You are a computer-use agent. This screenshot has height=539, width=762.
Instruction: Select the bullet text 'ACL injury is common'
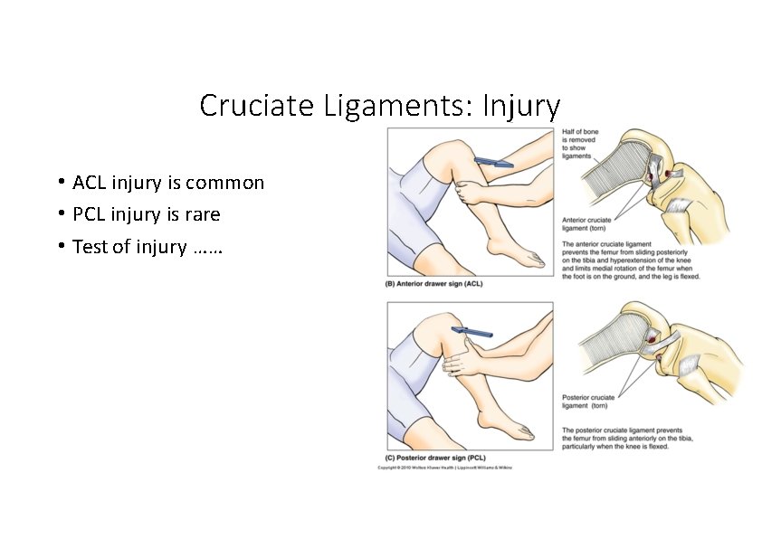click(x=168, y=183)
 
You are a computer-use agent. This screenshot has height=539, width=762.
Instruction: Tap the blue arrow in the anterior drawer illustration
click(x=494, y=162)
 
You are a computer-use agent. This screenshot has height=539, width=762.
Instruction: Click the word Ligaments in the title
click(x=394, y=106)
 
